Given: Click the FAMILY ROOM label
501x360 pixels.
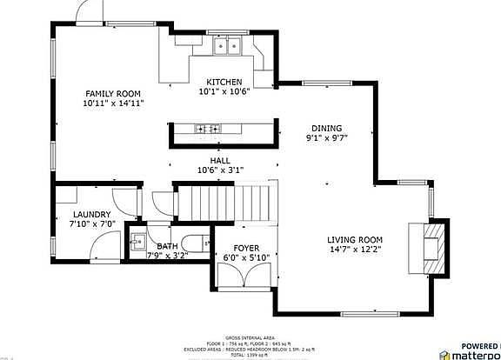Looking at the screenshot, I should tap(113, 94).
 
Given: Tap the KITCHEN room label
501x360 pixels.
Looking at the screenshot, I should tap(224, 82).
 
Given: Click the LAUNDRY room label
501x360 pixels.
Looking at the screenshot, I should tap(91, 215).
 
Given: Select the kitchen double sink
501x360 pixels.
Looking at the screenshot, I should tap(229, 46).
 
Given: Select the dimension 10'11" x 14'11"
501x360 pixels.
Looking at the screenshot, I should tap(113, 103).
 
